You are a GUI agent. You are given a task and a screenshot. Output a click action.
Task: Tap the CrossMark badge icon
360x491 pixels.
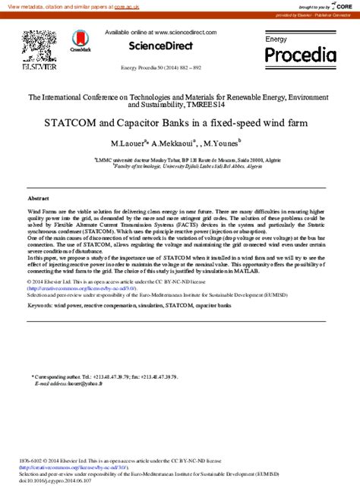pos(80,39)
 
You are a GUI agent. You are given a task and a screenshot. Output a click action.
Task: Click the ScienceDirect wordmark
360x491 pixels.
pos(161,46)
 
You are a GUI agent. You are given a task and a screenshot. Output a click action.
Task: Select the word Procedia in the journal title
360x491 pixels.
pos(300,55)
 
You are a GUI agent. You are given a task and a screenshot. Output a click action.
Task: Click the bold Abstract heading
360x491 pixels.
pos(39,197)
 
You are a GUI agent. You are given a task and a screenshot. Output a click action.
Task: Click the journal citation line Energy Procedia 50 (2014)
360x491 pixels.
pos(161,68)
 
